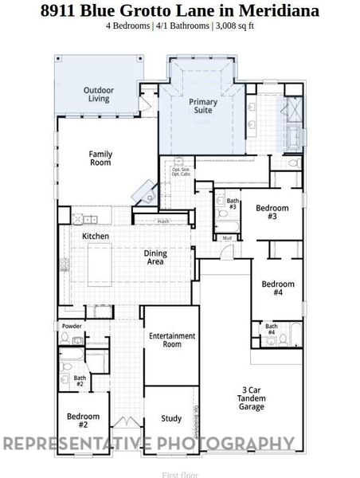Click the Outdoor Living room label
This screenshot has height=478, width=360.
tap(98, 95)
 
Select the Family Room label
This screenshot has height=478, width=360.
tap(99, 158)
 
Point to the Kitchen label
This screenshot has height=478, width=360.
tap(96, 237)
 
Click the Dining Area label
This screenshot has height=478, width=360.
tap(155, 257)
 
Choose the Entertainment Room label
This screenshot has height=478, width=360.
tap(172, 340)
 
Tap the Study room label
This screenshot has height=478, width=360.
tap(171, 418)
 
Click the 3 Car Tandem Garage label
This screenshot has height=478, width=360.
tap(252, 398)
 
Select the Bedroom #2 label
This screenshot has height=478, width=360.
tap(83, 420)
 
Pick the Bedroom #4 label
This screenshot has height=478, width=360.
tap(278, 288)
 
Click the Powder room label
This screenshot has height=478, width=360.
tap(71, 326)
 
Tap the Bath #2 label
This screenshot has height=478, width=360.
tap(80, 382)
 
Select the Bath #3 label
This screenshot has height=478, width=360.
tap(233, 204)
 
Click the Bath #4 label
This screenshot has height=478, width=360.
tap(272, 328)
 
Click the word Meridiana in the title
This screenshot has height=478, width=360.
tap(281, 11)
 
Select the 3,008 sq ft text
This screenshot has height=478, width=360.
tap(236, 25)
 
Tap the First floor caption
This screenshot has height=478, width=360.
tap(179, 474)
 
